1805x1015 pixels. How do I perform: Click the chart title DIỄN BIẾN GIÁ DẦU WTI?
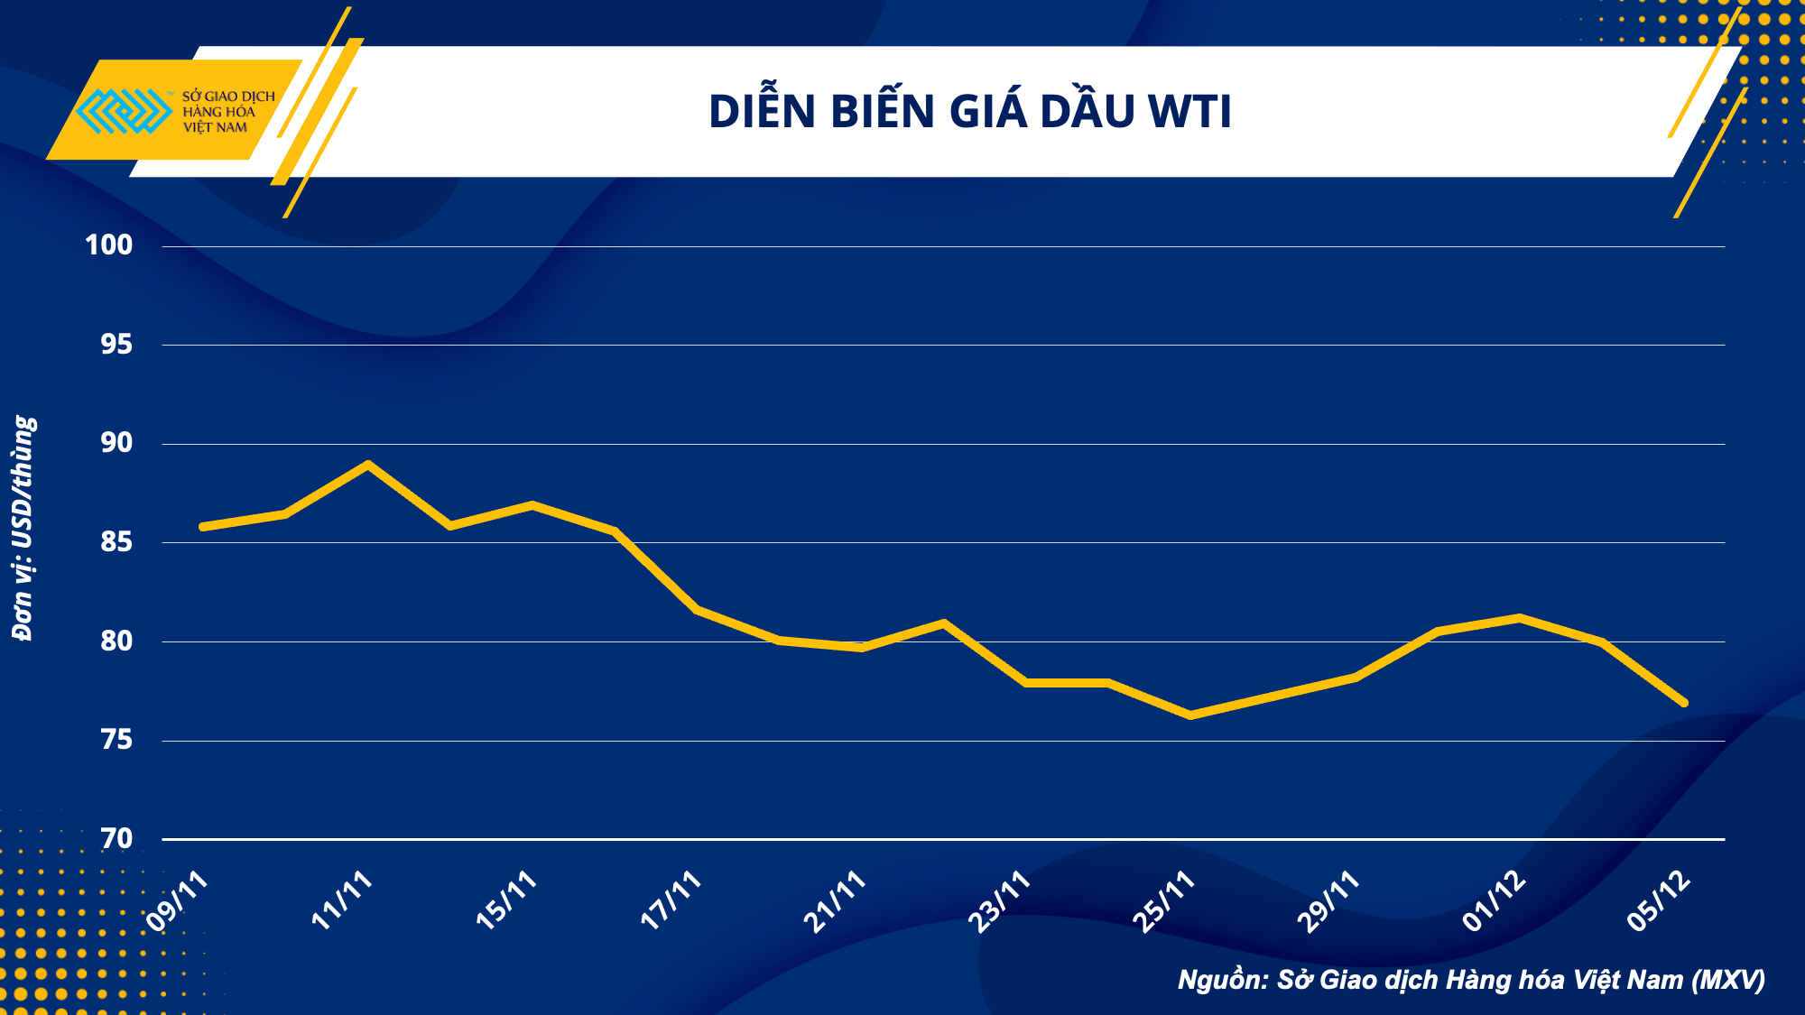969,112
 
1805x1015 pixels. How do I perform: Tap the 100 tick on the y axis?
108,245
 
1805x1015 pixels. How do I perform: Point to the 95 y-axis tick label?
116,344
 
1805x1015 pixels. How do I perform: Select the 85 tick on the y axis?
116,541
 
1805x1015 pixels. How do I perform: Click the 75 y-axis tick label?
116,740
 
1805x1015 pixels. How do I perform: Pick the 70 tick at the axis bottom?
116,839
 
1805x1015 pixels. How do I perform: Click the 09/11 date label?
178,900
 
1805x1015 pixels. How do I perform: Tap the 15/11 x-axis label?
507,900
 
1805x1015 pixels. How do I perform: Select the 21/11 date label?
836,900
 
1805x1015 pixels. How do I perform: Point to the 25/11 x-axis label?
1165,900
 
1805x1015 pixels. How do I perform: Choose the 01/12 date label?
1495,900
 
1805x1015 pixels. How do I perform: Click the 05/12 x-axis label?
1659,900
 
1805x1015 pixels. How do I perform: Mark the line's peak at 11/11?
368,465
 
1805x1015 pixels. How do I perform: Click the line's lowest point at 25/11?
1190,715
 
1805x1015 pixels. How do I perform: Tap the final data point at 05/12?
1684,703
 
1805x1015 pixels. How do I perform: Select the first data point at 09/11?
203,526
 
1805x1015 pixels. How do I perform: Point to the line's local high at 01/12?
1520,618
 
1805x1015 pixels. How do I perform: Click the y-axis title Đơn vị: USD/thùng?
23,528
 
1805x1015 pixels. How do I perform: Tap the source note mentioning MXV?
1471,980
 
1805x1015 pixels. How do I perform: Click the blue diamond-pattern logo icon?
124,111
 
